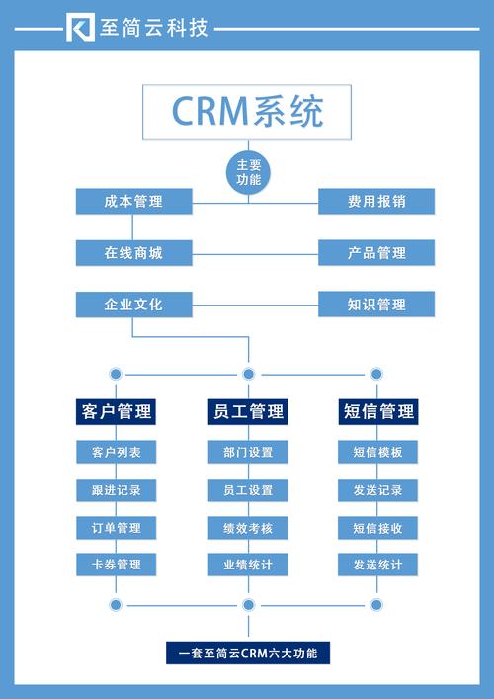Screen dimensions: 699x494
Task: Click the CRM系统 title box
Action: click(x=247, y=111)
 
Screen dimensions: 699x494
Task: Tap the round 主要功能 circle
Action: click(x=248, y=172)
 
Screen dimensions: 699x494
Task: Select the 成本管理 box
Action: click(x=132, y=202)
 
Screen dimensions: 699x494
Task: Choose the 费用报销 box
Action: click(x=375, y=202)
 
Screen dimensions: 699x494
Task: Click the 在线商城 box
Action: click(x=132, y=253)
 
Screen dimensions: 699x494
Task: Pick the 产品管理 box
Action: click(x=375, y=253)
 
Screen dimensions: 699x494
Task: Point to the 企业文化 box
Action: click(x=132, y=305)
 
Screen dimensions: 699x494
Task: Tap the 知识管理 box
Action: click(x=375, y=305)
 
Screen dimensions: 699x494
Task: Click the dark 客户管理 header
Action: click(x=116, y=411)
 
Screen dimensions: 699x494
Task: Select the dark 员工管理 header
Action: click(x=247, y=411)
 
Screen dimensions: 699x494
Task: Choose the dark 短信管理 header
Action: click(x=378, y=411)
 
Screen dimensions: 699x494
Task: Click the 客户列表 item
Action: click(x=116, y=453)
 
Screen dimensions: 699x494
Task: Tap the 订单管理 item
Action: click(x=116, y=528)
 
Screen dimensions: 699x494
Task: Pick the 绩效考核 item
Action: click(x=247, y=528)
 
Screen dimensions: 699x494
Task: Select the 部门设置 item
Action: click(x=247, y=453)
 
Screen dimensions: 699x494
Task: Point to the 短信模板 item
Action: click(x=377, y=453)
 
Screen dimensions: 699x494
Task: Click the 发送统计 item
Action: click(x=377, y=566)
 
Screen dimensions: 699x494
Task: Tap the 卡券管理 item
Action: click(x=116, y=566)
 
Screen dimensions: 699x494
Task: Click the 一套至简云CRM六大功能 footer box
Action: click(x=247, y=654)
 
